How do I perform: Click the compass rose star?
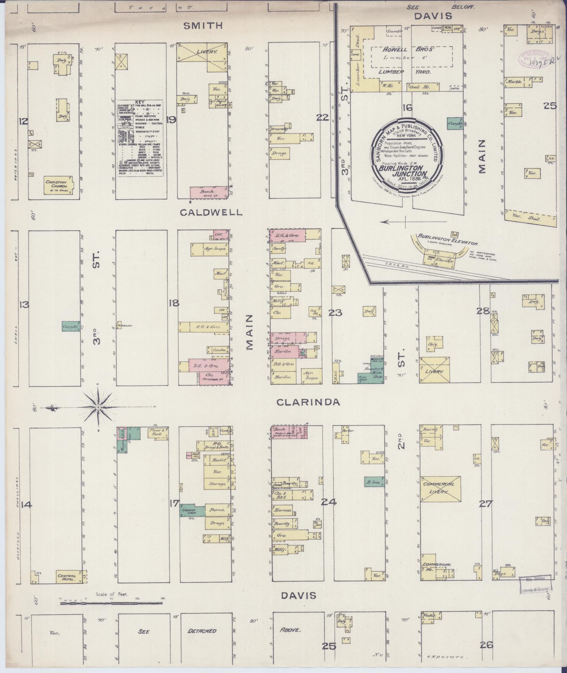98,407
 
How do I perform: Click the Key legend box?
142,138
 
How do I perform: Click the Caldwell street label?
211,212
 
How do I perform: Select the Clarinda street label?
308,402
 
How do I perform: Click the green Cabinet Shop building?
192,510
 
